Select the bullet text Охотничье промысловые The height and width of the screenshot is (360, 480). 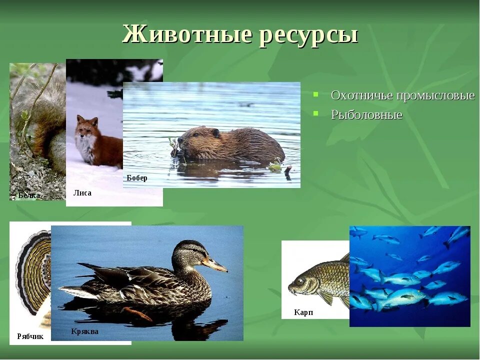(402, 95)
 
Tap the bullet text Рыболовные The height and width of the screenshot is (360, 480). (366, 114)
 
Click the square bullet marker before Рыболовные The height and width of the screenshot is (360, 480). (316, 113)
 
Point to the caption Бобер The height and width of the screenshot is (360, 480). (137, 178)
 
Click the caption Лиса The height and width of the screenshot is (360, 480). (82, 193)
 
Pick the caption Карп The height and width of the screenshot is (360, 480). (303, 312)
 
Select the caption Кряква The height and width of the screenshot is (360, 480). (84, 331)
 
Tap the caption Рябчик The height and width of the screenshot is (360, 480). (30, 336)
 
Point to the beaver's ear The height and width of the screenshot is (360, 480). (215, 133)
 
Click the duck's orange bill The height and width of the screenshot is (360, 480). (215, 265)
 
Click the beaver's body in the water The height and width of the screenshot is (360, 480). (240, 145)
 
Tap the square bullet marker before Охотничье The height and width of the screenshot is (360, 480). (316, 94)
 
